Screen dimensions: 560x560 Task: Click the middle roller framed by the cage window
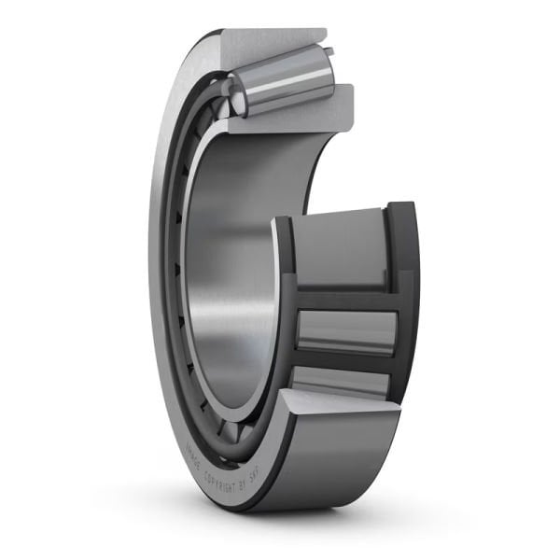point(346,331)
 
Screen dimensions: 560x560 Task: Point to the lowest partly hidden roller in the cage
point(341,381)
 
